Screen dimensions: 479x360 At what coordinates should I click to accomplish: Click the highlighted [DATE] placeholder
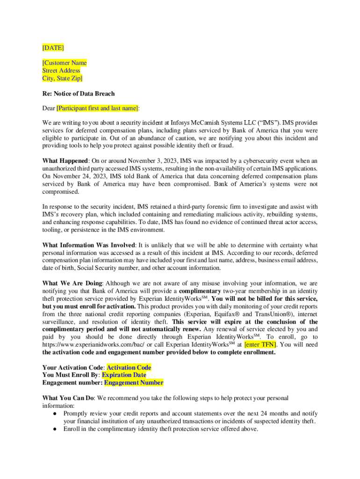[53, 48]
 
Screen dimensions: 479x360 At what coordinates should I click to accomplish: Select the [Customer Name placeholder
[65, 63]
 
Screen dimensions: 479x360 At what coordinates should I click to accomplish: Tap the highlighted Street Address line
[61, 71]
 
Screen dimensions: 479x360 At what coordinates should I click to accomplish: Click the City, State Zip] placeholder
[63, 78]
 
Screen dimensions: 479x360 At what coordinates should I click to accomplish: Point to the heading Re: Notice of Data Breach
[79, 94]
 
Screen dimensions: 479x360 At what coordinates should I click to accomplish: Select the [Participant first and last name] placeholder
[97, 109]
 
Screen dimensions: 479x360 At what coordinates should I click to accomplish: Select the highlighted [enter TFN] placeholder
[260, 345]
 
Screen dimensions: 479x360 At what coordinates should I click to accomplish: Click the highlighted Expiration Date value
[124, 375]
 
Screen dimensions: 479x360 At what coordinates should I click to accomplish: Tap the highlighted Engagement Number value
[134, 383]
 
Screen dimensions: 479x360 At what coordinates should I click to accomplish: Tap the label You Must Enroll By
[70, 375]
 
